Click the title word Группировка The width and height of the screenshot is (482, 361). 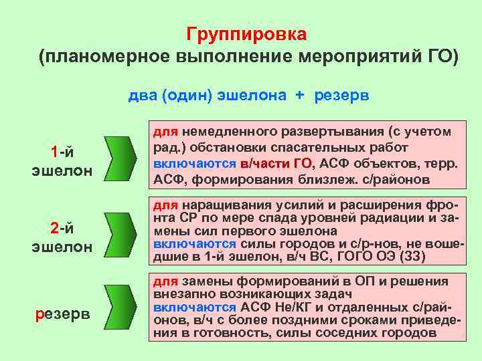(247, 34)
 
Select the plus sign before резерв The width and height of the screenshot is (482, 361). (300, 95)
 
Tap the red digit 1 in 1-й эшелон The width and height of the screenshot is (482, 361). (54, 152)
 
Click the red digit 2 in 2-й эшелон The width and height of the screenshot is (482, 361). (54, 229)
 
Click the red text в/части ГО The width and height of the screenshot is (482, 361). (276, 163)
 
